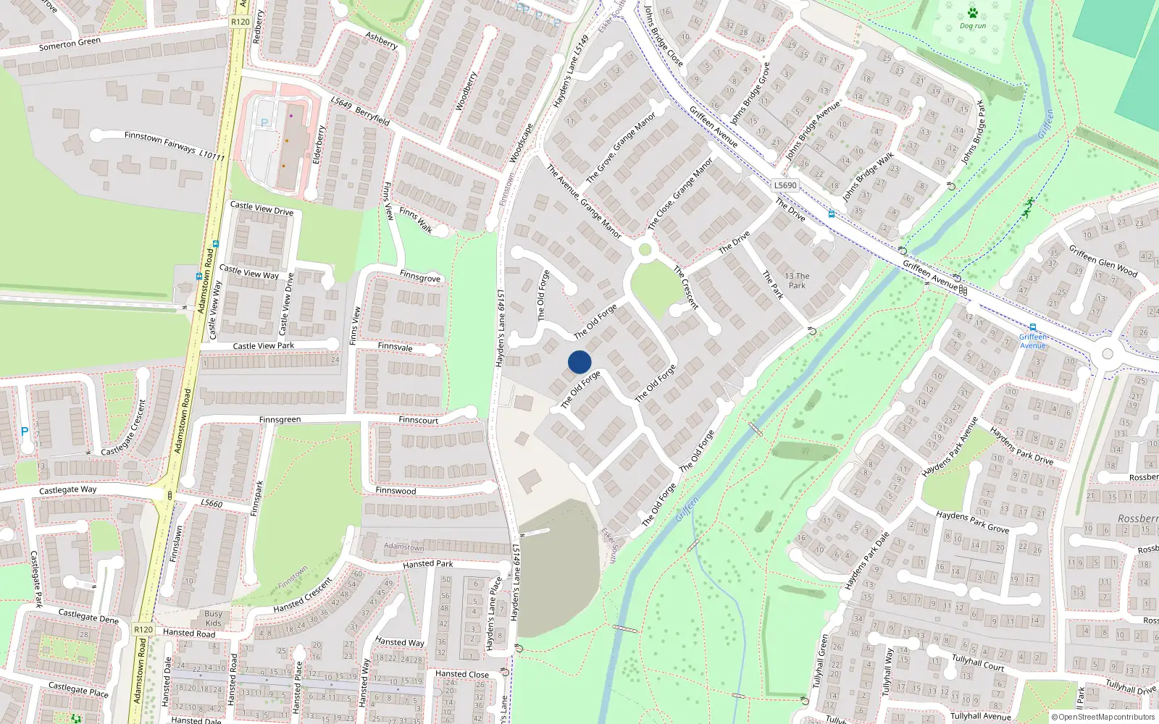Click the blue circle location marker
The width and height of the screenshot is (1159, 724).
[x=579, y=362]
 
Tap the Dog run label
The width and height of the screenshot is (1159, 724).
[x=972, y=26]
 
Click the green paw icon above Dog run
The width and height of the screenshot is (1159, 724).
[x=972, y=13]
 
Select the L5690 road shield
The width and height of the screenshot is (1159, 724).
[x=784, y=185]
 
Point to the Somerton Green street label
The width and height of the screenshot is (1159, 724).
[x=70, y=44]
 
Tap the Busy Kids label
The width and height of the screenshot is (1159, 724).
[x=213, y=618]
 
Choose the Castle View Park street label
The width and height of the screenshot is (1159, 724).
[x=263, y=346]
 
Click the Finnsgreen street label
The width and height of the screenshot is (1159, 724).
[x=280, y=420]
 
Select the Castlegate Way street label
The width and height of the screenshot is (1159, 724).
[x=67, y=490]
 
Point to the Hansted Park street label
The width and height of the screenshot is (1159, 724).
[x=427, y=564]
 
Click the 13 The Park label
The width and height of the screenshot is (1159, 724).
[x=797, y=280]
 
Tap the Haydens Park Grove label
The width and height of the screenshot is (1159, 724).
[x=972, y=522]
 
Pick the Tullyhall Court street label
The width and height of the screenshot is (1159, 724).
[x=978, y=662]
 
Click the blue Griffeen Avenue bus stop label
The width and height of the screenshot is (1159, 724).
[x=1033, y=341]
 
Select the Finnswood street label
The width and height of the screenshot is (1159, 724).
[x=396, y=491]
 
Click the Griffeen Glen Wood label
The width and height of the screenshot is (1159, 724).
[x=1102, y=262]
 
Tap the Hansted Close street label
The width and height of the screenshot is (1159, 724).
[x=462, y=674]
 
